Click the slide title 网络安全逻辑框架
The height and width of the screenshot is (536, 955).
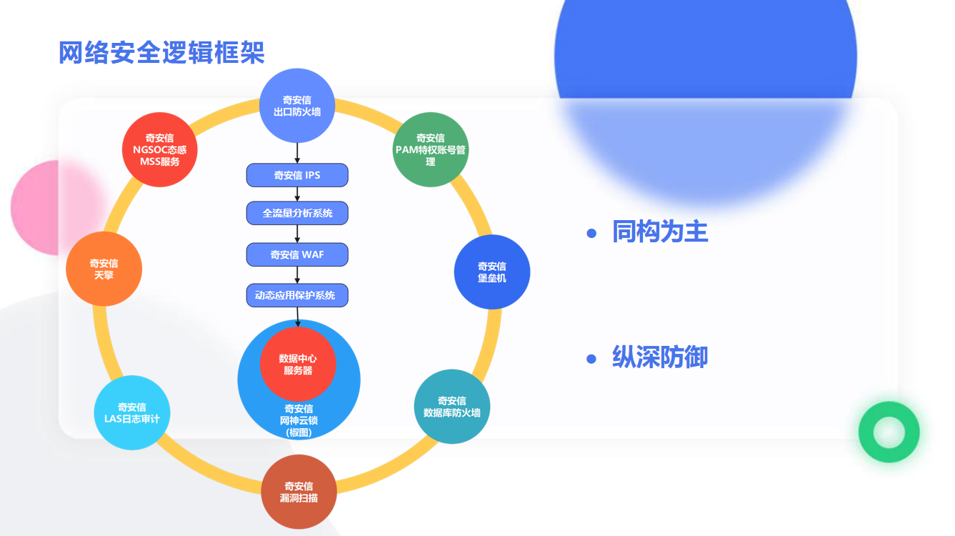pyautogui.click(x=161, y=52)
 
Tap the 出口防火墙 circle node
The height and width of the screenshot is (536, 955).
pyautogui.click(x=297, y=106)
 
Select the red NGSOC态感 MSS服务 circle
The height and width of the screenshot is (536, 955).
pyautogui.click(x=160, y=150)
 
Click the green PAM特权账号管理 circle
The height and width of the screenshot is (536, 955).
pyautogui.click(x=431, y=150)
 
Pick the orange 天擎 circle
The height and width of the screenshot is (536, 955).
pyautogui.click(x=104, y=269)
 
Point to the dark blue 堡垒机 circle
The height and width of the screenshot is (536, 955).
pyautogui.click(x=492, y=272)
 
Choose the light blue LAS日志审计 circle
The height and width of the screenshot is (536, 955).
pyautogui.click(x=132, y=412)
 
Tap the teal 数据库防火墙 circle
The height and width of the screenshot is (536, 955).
pyautogui.click(x=452, y=407)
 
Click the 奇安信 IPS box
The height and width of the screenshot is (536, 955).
pyautogui.click(x=297, y=175)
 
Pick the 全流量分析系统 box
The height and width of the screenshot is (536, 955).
pyautogui.click(x=297, y=213)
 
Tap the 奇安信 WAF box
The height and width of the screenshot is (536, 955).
pyautogui.click(x=297, y=254)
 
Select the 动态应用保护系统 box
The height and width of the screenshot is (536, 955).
pyautogui.click(x=297, y=295)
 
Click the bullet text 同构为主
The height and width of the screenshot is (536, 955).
pyautogui.click(x=660, y=232)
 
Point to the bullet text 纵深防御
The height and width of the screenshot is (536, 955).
pyautogui.click(x=660, y=357)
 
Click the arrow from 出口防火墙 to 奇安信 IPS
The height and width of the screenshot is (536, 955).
pyautogui.click(x=297, y=153)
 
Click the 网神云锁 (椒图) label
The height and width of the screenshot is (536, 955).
pyautogui.click(x=299, y=421)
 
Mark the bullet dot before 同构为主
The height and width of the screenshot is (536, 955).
pyautogui.click(x=591, y=233)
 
